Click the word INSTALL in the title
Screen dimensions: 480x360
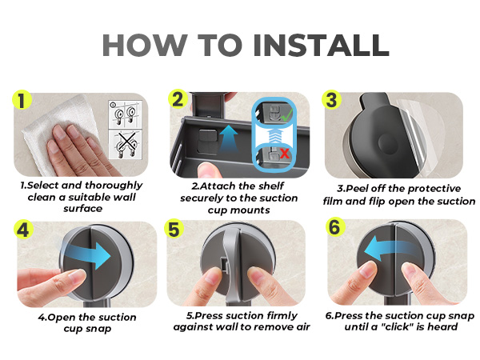(x=321, y=45)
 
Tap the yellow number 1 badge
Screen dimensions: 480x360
(x=22, y=100)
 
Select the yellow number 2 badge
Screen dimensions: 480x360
(x=178, y=99)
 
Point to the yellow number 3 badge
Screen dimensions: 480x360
(x=331, y=99)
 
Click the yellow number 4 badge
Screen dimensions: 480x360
(x=23, y=230)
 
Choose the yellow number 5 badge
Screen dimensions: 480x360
(x=174, y=230)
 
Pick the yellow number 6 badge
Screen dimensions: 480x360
(x=335, y=227)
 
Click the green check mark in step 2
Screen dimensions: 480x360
(x=286, y=114)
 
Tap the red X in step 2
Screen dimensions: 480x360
(x=284, y=153)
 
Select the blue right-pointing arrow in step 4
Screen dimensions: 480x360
(x=87, y=254)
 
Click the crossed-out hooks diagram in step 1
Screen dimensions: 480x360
(x=126, y=145)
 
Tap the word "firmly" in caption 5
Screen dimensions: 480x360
(x=282, y=315)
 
